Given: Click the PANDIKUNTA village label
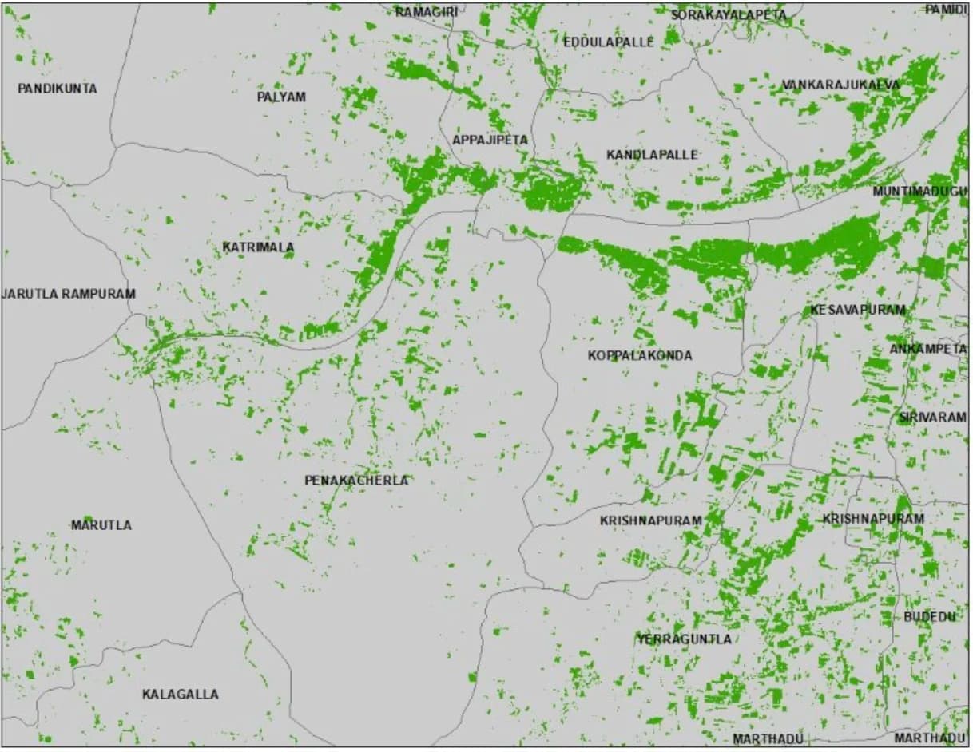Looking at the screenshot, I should (58, 89).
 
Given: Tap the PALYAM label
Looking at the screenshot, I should (281, 97).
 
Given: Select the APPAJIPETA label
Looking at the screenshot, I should (490, 140).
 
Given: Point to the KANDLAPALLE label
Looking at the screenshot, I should (652, 154).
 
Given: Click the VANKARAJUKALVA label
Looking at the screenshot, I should (840, 85).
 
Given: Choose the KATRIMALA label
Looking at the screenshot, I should (258, 247).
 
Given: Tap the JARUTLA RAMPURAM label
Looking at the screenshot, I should (69, 294).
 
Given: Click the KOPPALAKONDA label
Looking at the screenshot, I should (640, 355).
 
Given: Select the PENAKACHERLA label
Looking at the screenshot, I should (356, 481).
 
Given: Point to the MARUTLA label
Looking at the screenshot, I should (101, 525).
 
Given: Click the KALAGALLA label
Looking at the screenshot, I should (181, 695).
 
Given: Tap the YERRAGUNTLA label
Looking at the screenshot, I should (684, 639).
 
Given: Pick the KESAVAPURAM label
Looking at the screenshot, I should (858, 310).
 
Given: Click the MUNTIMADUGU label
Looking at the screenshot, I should (919, 192).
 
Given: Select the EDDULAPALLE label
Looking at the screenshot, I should (609, 42).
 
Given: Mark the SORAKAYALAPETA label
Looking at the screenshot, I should (729, 15).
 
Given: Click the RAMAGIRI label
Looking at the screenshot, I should (427, 12).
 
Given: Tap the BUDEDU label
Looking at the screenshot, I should (929, 617).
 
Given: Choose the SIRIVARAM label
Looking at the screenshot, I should (931, 418).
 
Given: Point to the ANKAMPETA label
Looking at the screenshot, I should (927, 349).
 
